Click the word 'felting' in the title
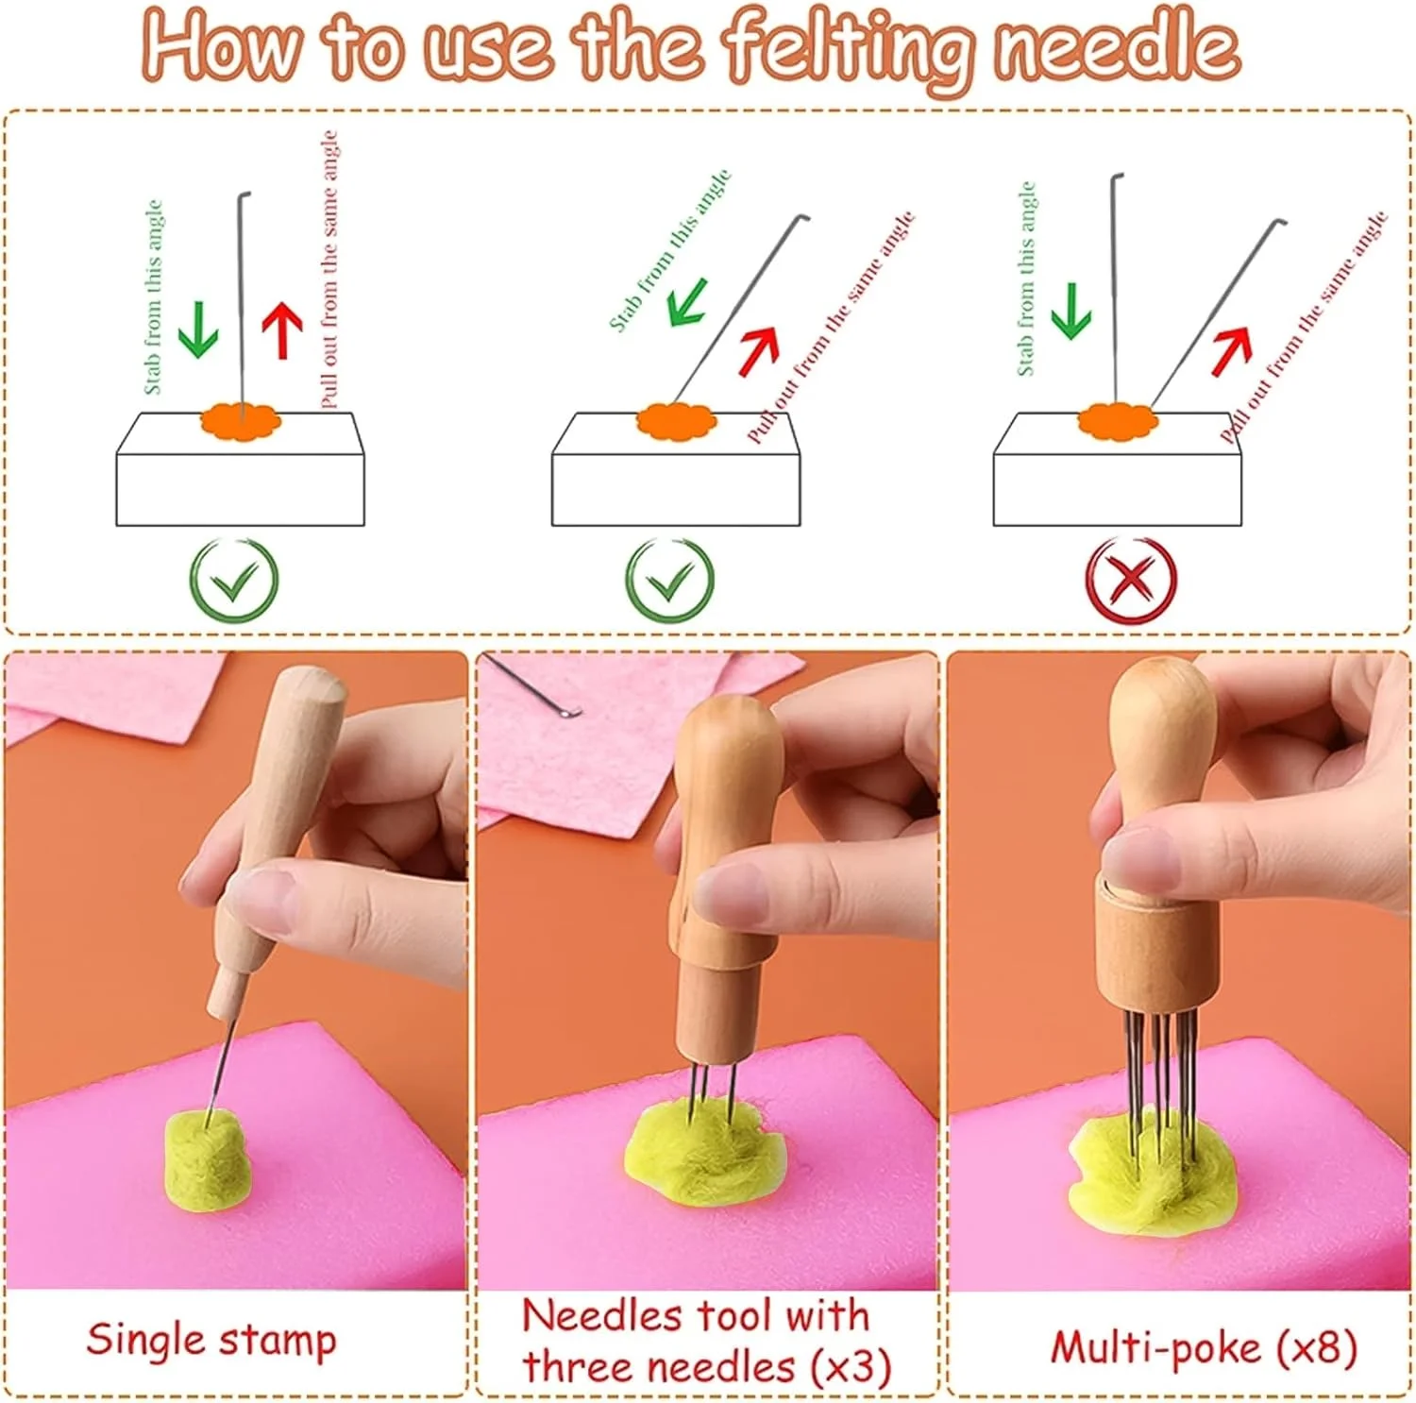coord(848,47)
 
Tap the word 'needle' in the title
coord(1116,45)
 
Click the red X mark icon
coord(1130,580)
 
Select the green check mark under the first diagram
coord(234,580)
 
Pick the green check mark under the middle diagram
coord(670,580)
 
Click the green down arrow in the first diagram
coord(198,330)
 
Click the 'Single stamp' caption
coord(211,1341)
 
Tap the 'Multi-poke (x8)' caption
coord(1204,1348)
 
